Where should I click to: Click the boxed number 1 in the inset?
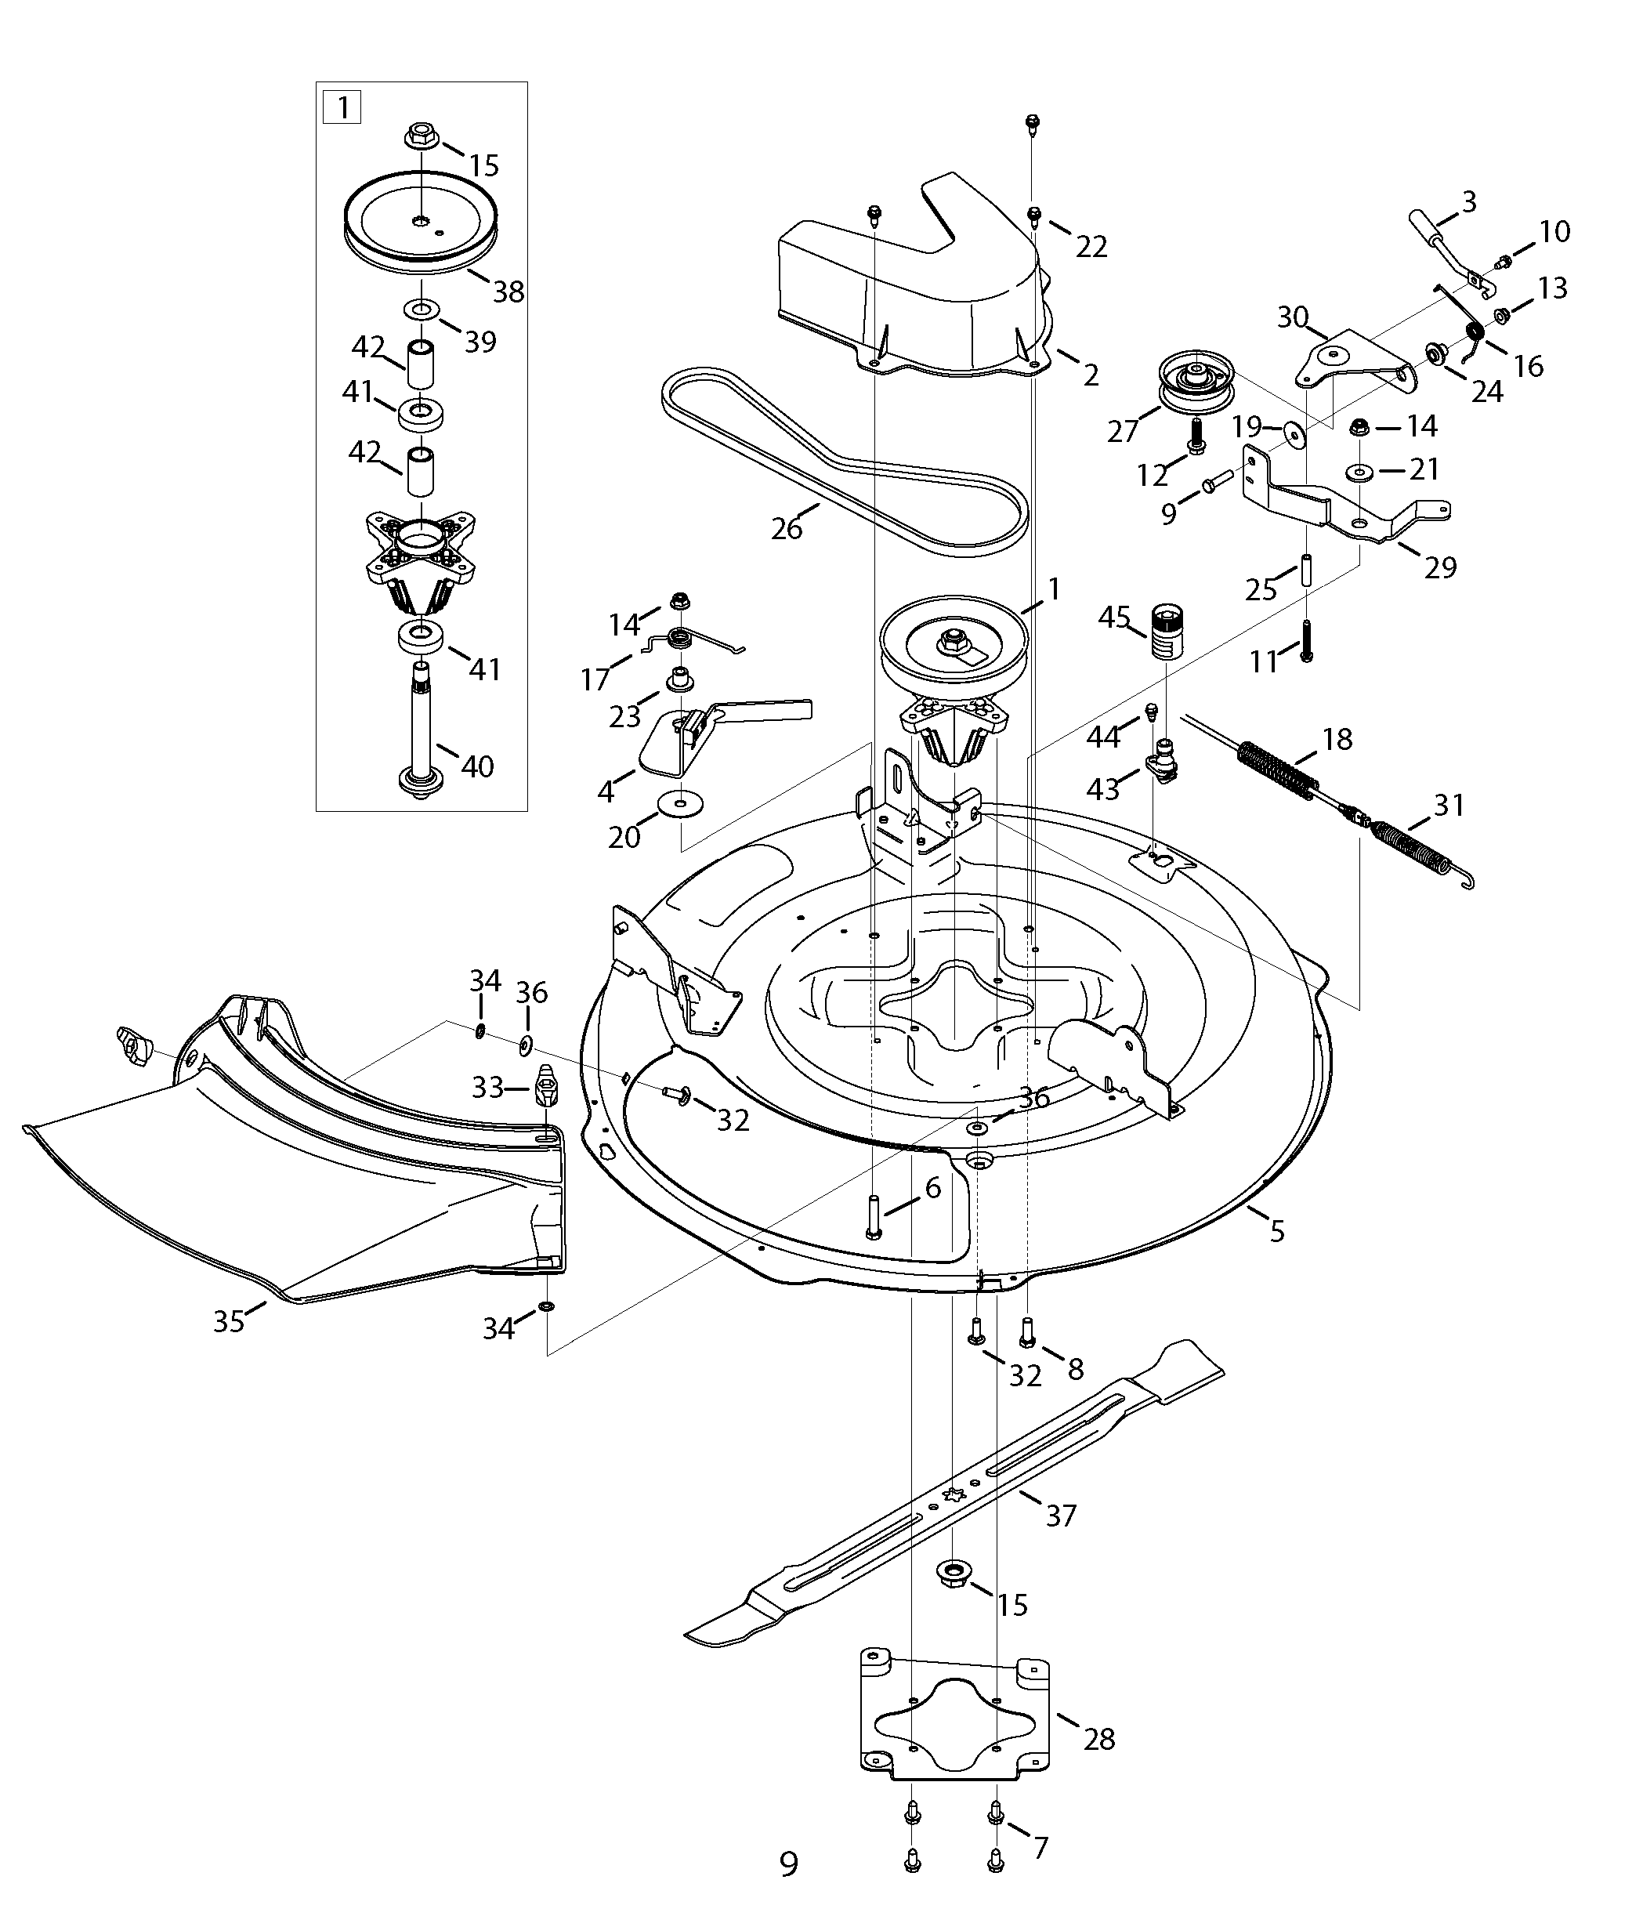[342, 108]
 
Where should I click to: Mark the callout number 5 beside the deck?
[1277, 1231]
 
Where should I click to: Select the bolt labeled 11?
[1305, 641]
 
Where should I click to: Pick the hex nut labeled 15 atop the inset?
[420, 135]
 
